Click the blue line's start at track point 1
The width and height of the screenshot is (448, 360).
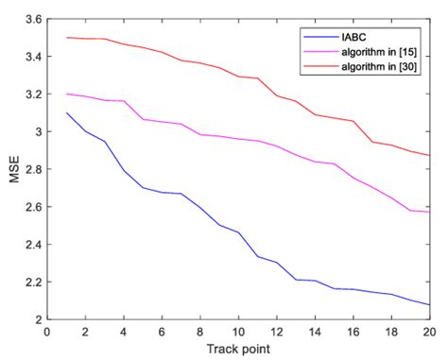point(67,113)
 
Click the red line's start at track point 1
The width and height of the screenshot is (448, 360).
point(67,38)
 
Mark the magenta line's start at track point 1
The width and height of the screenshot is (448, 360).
point(67,94)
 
